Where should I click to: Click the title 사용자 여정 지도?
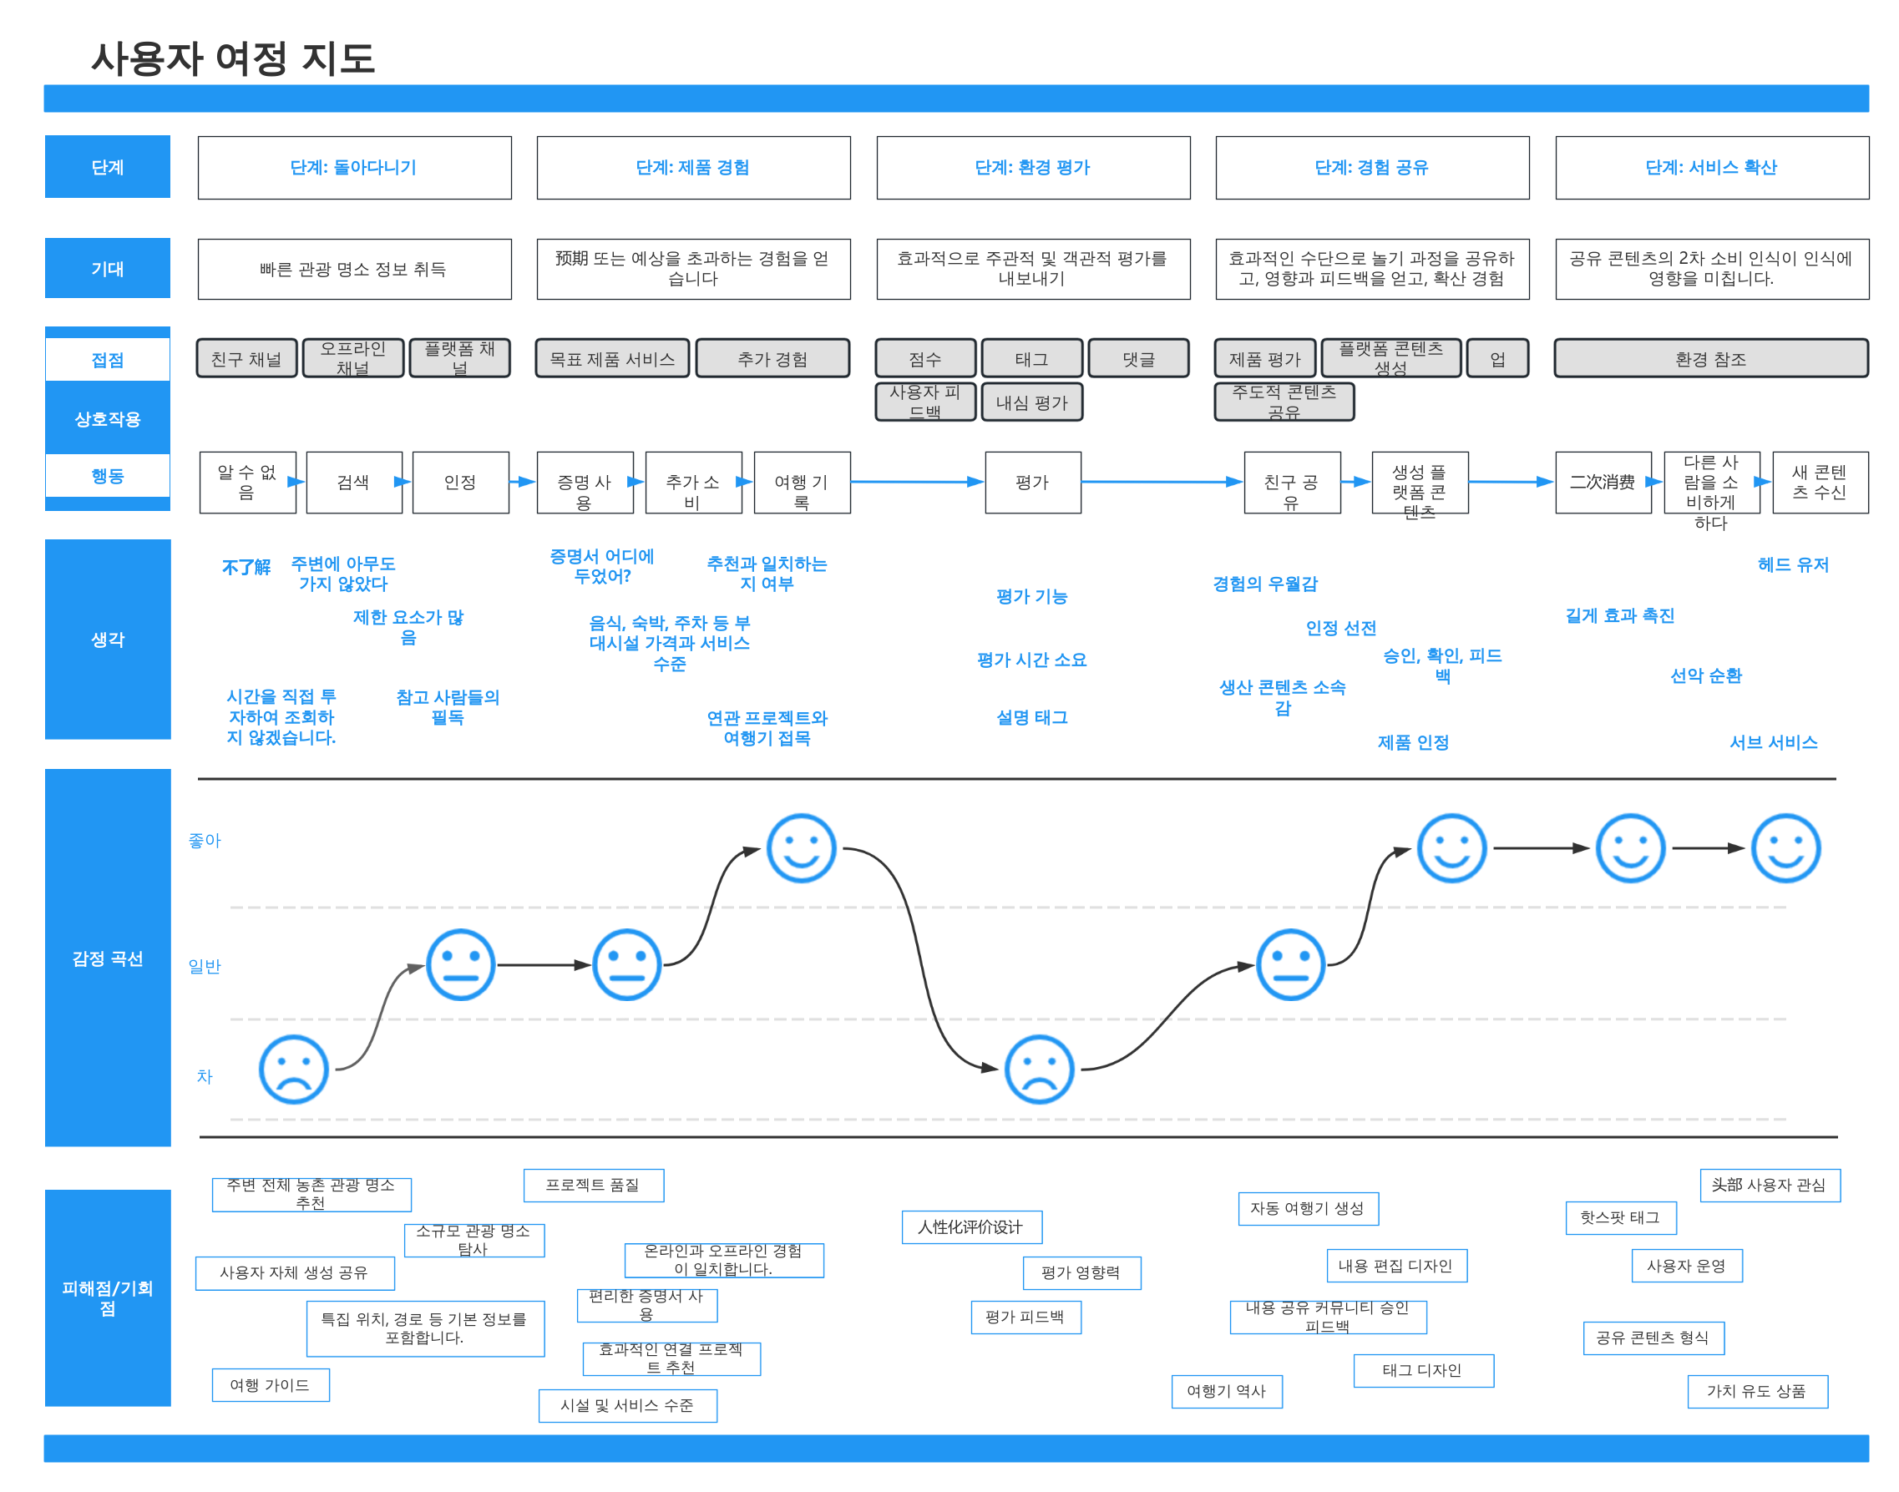point(232,58)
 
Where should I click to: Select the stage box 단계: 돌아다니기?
point(354,167)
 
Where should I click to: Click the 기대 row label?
point(108,268)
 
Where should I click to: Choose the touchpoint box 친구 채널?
point(246,358)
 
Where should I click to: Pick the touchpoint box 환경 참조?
point(1710,358)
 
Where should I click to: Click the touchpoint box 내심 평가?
point(1031,402)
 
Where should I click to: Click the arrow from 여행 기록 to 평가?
point(917,481)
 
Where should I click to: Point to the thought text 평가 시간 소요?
point(1031,660)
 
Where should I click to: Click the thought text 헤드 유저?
point(1792,564)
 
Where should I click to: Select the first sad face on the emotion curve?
point(293,1070)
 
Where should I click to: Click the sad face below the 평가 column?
point(1039,1070)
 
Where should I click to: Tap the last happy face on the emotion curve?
point(1785,848)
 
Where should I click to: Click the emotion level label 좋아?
point(205,840)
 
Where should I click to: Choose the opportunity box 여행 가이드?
point(270,1384)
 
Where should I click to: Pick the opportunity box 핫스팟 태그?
point(1620,1216)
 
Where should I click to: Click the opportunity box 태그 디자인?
point(1423,1370)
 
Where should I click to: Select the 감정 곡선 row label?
point(108,958)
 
